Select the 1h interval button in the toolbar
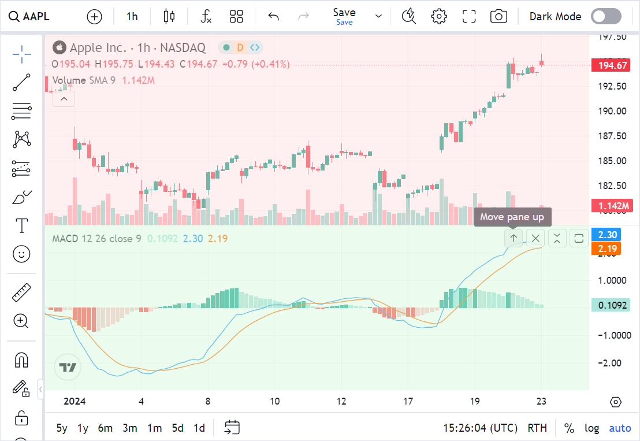pyautogui.click(x=132, y=16)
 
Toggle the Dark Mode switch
pyautogui.click(x=606, y=16)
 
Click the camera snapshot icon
pyautogui.click(x=498, y=16)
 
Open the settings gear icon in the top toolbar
pyautogui.click(x=440, y=16)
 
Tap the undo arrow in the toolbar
pyautogui.click(x=274, y=16)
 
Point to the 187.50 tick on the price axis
pyautogui.click(x=612, y=136)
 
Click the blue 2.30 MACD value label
pyautogui.click(x=608, y=235)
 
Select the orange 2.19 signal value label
pyautogui.click(x=608, y=249)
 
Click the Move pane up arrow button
pyautogui.click(x=513, y=238)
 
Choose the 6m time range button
pyautogui.click(x=105, y=428)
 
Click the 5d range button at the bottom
pyautogui.click(x=177, y=428)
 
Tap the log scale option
pyautogui.click(x=591, y=428)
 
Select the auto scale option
pyautogui.click(x=620, y=428)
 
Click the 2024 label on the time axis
pyautogui.click(x=75, y=401)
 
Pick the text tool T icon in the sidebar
pyautogui.click(x=21, y=225)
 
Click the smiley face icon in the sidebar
pyautogui.click(x=21, y=254)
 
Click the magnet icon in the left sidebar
pyautogui.click(x=21, y=361)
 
